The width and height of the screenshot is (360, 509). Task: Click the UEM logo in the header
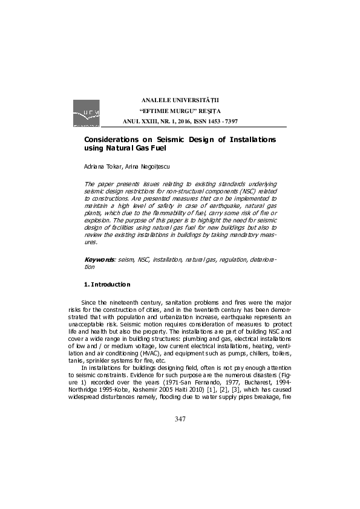tap(86, 113)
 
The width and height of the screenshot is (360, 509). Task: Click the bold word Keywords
tap(99, 259)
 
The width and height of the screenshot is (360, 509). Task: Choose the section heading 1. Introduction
tap(106, 284)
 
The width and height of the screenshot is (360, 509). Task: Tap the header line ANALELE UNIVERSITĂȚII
tap(180, 99)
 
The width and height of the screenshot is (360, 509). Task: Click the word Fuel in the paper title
tap(155, 148)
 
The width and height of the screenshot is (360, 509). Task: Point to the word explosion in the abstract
tap(97, 221)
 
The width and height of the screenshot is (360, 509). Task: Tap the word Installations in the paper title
tap(244, 140)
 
